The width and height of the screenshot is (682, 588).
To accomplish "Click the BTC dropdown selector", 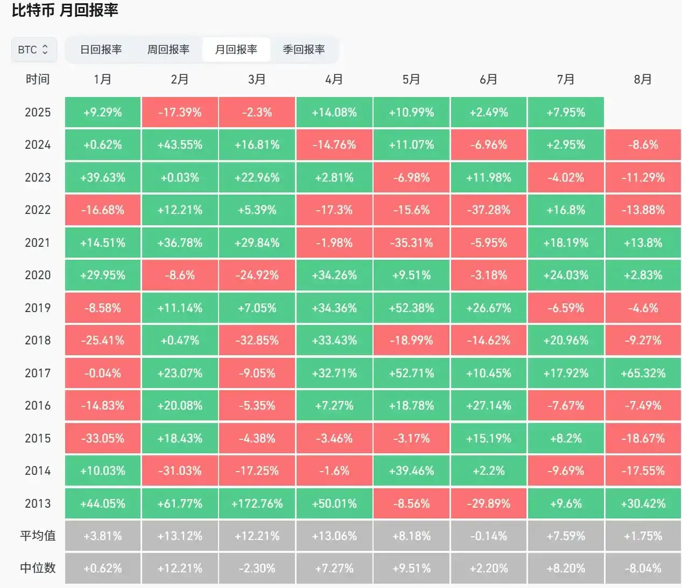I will tap(33, 50).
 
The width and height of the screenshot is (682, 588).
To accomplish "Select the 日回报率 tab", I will tap(101, 50).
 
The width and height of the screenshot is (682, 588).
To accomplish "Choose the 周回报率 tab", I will tap(168, 50).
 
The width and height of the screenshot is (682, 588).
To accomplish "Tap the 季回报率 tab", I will tap(304, 50).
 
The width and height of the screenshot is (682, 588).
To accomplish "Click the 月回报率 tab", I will tap(236, 50).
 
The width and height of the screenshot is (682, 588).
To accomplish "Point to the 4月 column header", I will tap(334, 79).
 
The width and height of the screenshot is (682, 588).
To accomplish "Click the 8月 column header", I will tap(643, 79).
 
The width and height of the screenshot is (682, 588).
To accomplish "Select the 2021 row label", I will tap(38, 243).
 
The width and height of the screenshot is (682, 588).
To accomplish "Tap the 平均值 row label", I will tap(38, 536).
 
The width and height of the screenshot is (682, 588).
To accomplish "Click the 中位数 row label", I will tap(38, 568).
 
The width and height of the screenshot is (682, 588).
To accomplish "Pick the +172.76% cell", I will tap(257, 503).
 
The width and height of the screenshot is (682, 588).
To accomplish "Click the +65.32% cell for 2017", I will tap(643, 373).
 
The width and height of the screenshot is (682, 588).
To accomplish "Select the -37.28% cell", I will tap(488, 210).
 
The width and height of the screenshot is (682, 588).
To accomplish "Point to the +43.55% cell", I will tap(180, 144).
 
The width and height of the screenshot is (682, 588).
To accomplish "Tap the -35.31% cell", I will tap(411, 243).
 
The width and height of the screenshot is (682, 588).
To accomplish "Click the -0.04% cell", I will tap(102, 373).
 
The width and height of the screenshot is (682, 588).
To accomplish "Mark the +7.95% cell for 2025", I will tap(566, 112).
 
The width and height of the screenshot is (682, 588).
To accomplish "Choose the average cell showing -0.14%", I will tap(488, 536).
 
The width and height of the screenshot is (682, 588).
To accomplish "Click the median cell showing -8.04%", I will tap(643, 568).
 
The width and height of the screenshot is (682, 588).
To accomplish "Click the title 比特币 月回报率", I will tap(65, 10).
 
